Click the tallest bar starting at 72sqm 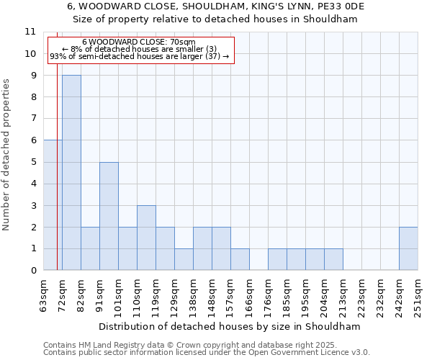71,173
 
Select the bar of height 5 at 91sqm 109,216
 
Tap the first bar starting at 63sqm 53,205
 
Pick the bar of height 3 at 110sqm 146,238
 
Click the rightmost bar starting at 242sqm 408,248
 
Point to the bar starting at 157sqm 240,259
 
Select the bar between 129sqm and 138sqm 184,259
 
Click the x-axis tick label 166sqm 250,296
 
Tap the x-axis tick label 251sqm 418,296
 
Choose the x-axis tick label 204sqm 325,296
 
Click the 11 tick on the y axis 30,32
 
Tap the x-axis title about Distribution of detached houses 230,326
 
